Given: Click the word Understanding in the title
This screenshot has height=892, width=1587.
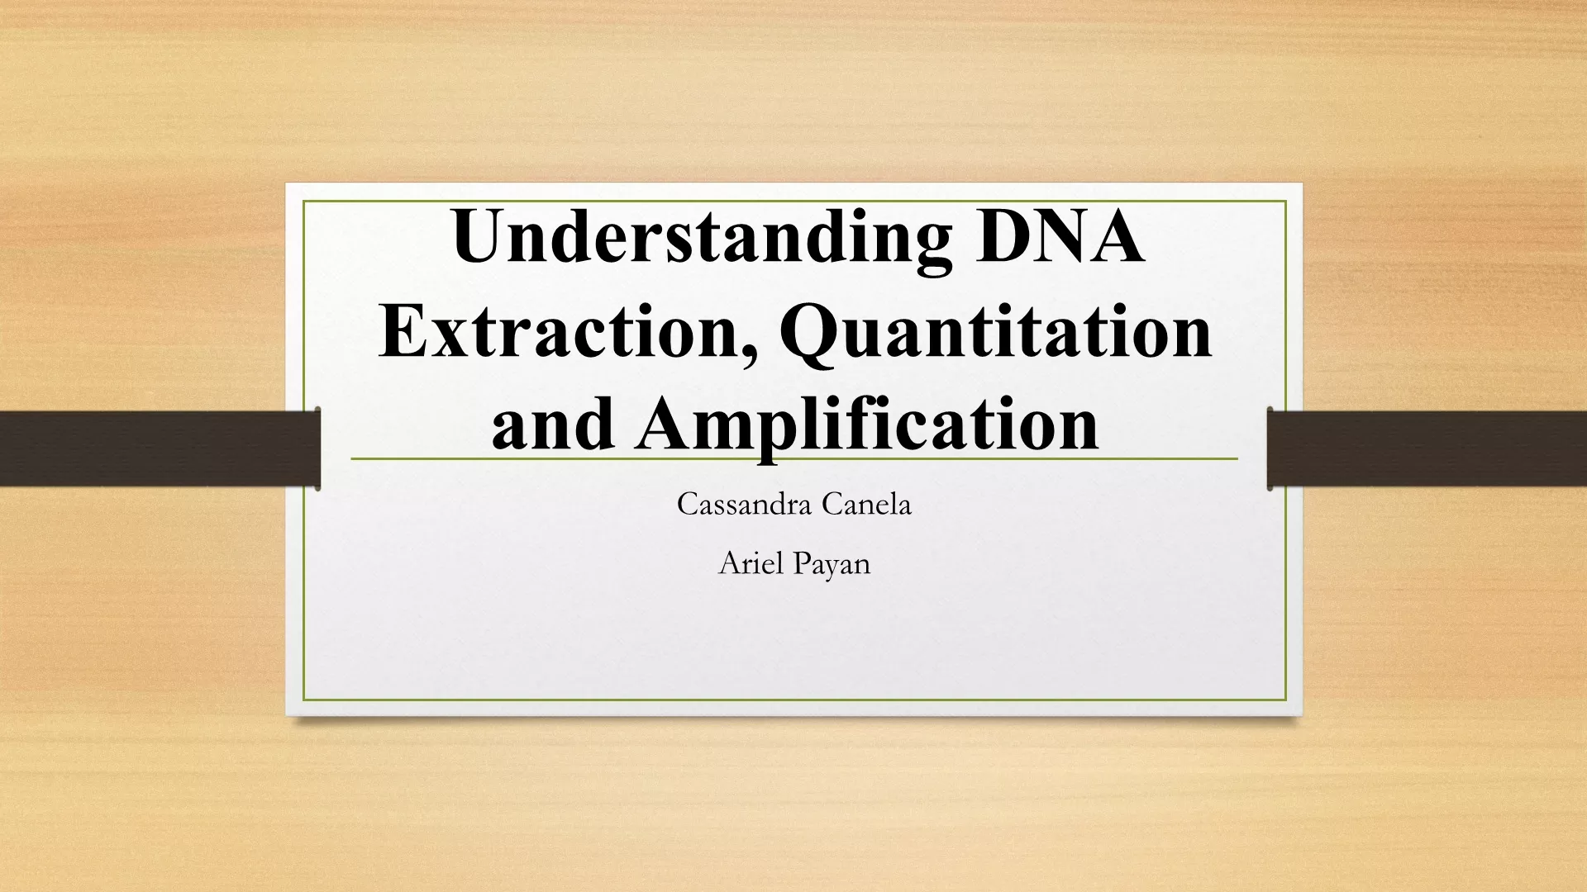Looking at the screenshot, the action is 702,240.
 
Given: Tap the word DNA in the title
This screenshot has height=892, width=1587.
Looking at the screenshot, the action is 1060,236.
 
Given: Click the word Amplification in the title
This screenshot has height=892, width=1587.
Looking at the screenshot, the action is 867,427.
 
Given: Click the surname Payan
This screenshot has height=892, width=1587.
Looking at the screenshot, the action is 833,566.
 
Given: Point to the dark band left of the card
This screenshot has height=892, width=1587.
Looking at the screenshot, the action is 160,448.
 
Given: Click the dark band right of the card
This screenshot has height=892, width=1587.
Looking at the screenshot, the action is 1427,448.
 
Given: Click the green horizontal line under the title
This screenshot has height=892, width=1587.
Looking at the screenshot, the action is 794,458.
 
